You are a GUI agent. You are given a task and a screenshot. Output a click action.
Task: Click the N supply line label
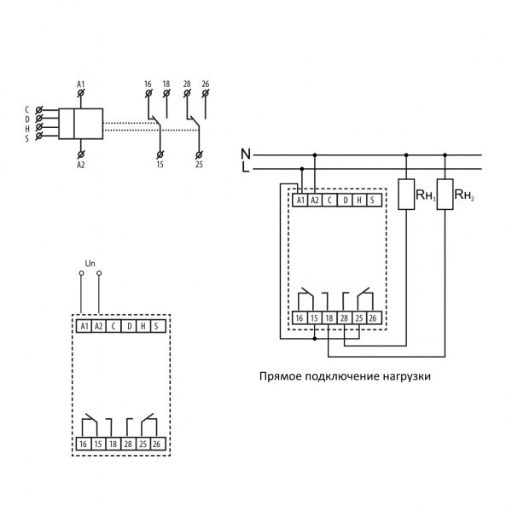click(x=246, y=154)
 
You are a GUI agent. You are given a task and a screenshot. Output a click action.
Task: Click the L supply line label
click(x=246, y=168)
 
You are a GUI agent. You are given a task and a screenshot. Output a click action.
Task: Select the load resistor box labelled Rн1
click(x=407, y=195)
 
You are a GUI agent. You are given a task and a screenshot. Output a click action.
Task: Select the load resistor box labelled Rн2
click(x=445, y=195)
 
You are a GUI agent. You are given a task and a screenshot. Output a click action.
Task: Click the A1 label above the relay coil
click(x=81, y=84)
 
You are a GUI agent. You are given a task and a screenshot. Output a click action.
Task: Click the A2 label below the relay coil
click(x=81, y=165)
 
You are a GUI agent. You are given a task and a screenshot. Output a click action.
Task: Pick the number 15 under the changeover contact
click(x=160, y=164)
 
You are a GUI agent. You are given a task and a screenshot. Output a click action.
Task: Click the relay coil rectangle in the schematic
click(x=89, y=125)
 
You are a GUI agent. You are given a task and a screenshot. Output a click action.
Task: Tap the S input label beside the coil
click(x=27, y=138)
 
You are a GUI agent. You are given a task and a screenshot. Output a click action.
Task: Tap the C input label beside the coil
click(x=27, y=110)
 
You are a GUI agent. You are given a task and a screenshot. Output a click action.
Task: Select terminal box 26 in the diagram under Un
click(x=155, y=445)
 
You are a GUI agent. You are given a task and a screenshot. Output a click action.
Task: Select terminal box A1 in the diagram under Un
click(x=84, y=327)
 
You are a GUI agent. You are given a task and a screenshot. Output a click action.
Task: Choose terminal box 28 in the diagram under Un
click(x=126, y=445)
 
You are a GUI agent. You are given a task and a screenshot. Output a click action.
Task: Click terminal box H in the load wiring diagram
click(x=359, y=201)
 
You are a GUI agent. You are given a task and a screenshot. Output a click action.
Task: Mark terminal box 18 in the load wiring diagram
click(x=329, y=318)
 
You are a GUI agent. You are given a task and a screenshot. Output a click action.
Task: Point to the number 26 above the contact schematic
click(x=205, y=84)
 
